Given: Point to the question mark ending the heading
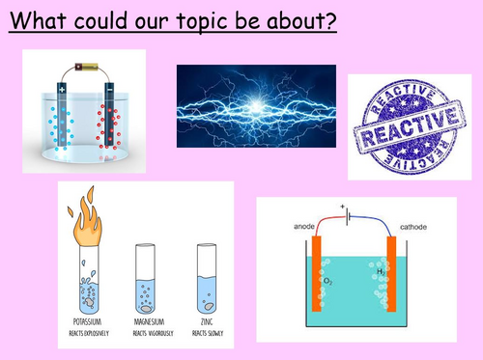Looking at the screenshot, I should point(331,20).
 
